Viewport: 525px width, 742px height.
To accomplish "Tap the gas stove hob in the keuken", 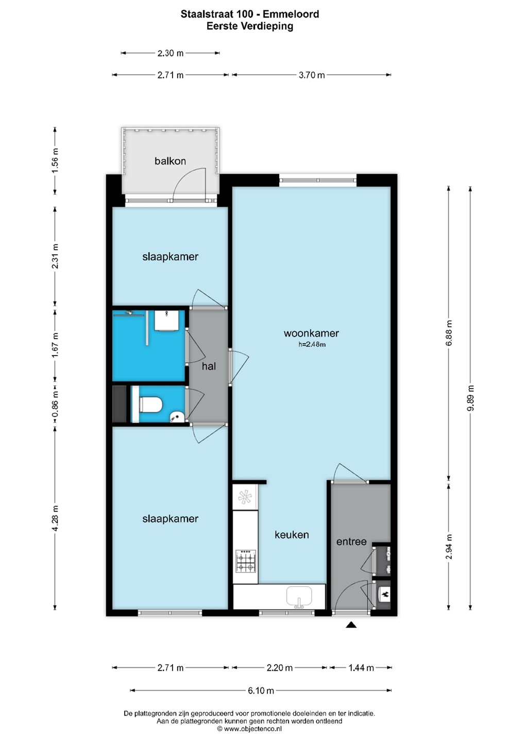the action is point(246,561).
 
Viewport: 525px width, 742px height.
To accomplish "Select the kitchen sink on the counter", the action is point(299,597).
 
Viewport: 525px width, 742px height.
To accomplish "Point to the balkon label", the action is point(170,161).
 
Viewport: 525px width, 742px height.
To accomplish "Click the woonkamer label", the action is point(311,333).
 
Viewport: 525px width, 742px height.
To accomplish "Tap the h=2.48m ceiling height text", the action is point(312,345).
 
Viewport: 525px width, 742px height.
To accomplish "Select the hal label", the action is point(209,366).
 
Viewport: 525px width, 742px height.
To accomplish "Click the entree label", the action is point(351,542).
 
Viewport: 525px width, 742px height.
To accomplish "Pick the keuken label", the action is point(292,535).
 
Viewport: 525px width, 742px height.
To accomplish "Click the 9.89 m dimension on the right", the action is point(471,398).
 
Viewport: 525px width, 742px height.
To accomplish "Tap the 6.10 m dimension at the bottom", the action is point(261,690).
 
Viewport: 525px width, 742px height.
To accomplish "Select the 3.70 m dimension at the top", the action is point(312,75).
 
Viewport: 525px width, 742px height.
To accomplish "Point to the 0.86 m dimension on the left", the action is point(55,405).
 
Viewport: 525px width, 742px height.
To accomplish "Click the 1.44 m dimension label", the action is point(361,668).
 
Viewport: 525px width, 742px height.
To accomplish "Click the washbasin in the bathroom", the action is point(166,321).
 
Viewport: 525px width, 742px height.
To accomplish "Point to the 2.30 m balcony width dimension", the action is point(170,53).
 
